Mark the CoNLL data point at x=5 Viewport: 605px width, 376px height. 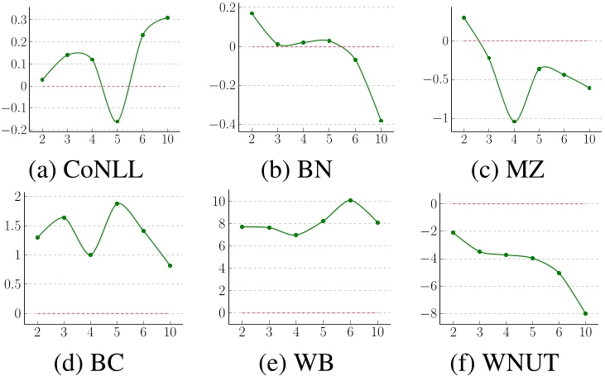117,121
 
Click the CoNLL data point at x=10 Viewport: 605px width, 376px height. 167,17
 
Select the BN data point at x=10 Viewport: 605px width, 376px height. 381,121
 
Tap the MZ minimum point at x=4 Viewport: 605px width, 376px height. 514,121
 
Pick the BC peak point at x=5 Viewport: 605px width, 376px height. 117,203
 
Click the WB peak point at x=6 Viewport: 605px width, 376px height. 350,200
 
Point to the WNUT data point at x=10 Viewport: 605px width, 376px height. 585,313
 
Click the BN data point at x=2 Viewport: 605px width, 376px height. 252,13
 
